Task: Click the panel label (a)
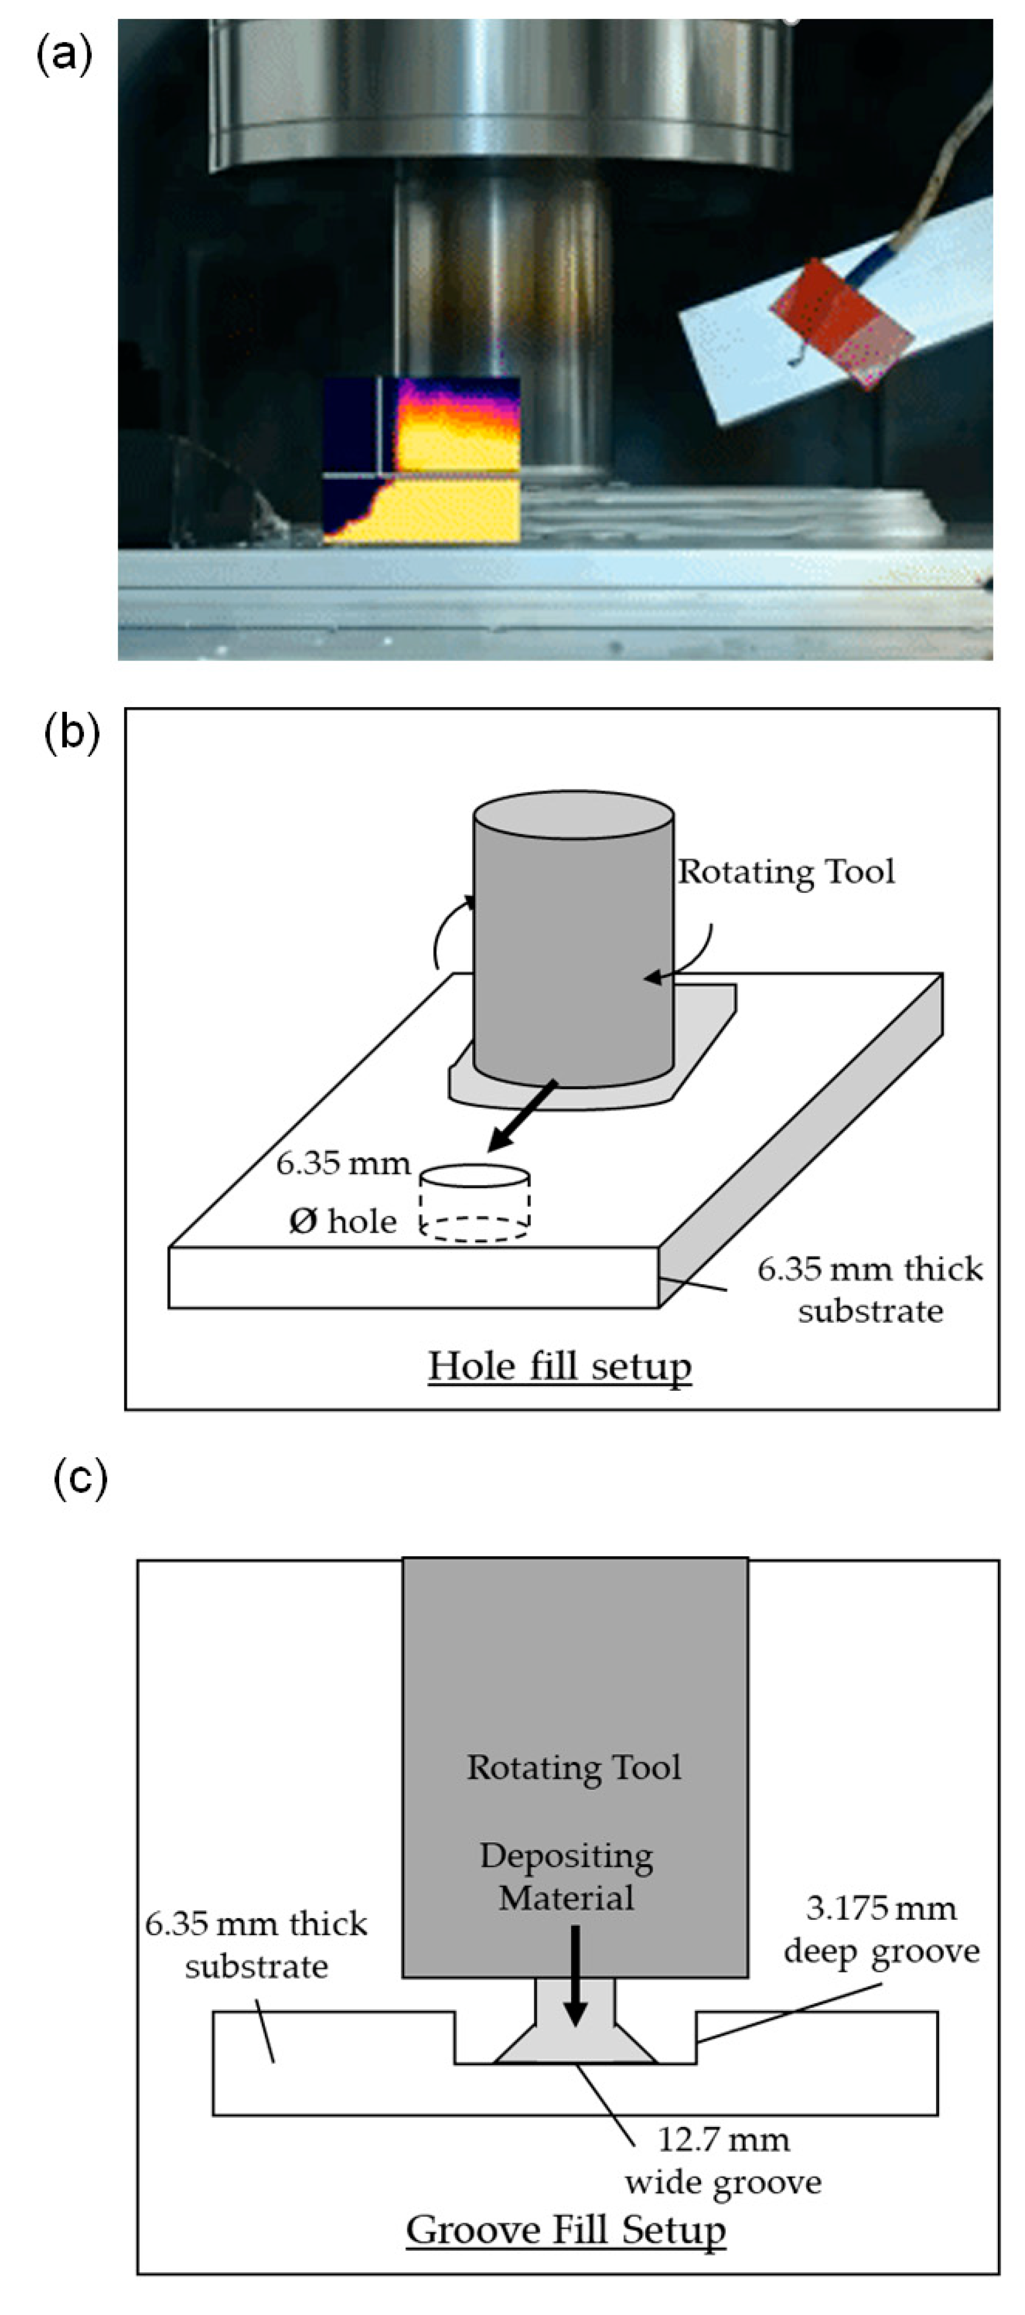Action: tap(64, 56)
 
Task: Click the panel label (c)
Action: tap(80, 1478)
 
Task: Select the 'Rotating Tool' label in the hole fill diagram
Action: tap(786, 872)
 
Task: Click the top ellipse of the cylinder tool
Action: tap(574, 816)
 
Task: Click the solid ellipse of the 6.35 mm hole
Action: tap(475, 1176)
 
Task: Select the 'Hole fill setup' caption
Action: tap(559, 1366)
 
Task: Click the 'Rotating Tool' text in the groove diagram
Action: tap(574, 1767)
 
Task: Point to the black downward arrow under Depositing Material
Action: tap(576, 1977)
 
